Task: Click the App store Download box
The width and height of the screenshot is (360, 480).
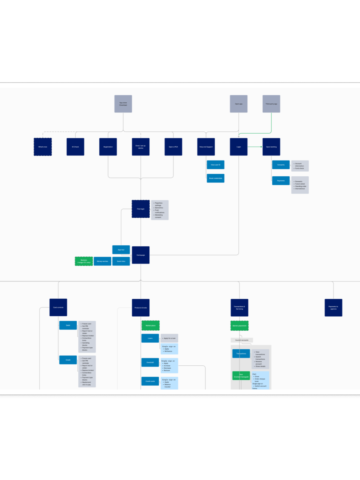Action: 123,104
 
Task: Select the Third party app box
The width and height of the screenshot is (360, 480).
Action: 271,104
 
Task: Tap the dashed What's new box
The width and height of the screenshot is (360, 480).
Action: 43,147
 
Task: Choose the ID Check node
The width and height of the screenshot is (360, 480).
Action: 75,147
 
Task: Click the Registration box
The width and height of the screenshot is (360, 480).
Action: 108,147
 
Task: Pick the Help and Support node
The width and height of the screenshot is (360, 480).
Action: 206,147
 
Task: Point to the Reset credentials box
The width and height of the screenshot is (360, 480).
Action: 215,178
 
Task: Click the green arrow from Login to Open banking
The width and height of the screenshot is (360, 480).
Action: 255,147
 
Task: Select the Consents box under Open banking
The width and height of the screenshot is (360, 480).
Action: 281,165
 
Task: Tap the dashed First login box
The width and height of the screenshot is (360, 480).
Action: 141,209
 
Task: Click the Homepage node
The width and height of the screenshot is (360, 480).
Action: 141,255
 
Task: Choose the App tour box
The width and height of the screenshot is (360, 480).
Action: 121,250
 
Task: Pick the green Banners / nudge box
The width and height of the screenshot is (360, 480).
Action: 84,261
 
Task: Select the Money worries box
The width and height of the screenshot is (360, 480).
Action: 102,261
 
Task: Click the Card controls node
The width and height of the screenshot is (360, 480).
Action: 58,308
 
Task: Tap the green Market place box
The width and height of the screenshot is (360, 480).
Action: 151,325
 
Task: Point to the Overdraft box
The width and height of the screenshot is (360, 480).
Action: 150,363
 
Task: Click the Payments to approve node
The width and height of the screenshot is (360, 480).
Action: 333,308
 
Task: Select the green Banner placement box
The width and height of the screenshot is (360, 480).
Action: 240,326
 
